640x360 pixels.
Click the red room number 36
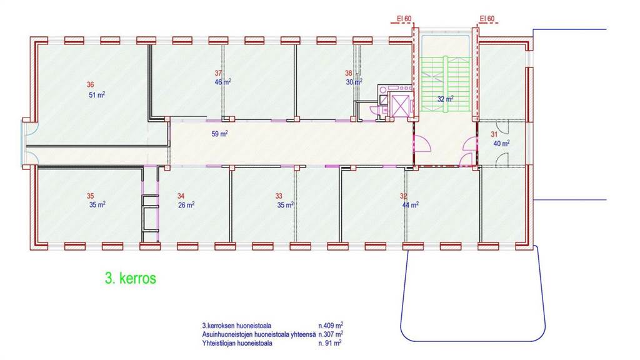90,84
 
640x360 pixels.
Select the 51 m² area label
97,95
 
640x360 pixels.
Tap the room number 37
218,73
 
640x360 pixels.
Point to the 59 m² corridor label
219,134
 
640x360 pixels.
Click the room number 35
90,196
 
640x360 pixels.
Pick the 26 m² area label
186,205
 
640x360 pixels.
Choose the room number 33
279,196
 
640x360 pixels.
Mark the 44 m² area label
410,205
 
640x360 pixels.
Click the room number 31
494,134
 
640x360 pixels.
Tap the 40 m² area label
501,143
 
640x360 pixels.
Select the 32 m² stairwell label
445,99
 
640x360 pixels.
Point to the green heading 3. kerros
131,278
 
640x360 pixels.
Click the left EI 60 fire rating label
404,19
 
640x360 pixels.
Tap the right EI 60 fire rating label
487,19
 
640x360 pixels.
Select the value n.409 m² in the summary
331,325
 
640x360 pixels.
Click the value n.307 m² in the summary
331,334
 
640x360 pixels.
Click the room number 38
349,73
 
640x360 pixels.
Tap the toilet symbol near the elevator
374,109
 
